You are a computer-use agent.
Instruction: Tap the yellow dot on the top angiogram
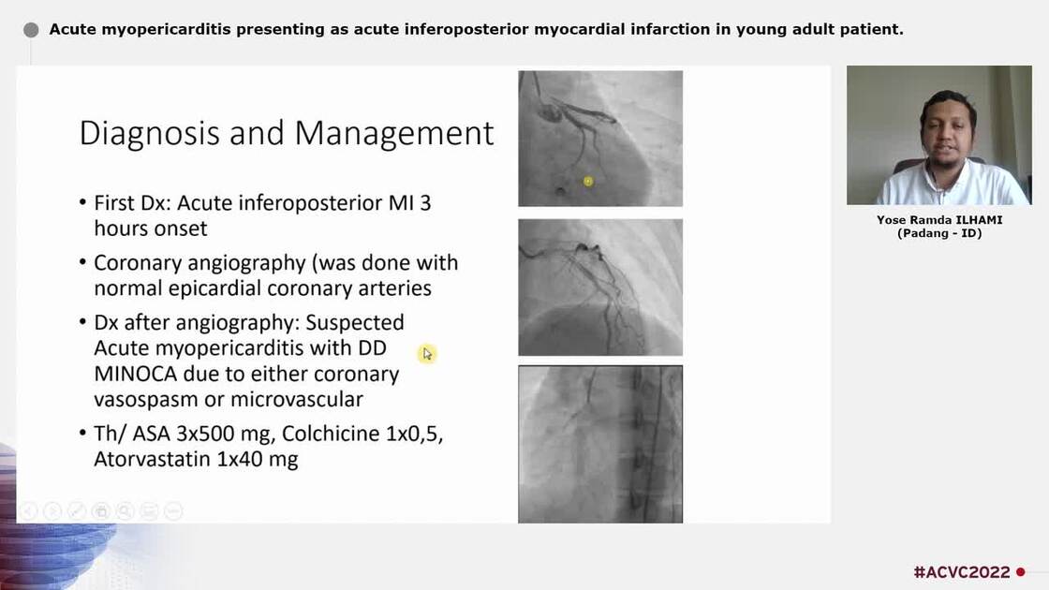pyautogui.click(x=588, y=181)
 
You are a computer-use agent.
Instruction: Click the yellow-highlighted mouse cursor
pyautogui.click(x=427, y=353)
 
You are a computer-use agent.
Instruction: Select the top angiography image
pyautogui.click(x=600, y=138)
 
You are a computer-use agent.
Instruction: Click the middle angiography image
pyautogui.click(x=600, y=287)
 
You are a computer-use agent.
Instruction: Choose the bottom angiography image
pyautogui.click(x=600, y=443)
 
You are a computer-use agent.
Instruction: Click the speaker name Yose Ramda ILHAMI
pyautogui.click(x=938, y=220)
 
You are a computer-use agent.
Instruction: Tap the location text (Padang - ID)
pyautogui.click(x=938, y=233)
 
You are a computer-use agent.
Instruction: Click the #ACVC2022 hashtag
pyautogui.click(x=961, y=572)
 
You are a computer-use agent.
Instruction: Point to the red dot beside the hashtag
pyautogui.click(x=1021, y=572)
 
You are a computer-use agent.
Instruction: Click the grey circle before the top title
pyautogui.click(x=31, y=30)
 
